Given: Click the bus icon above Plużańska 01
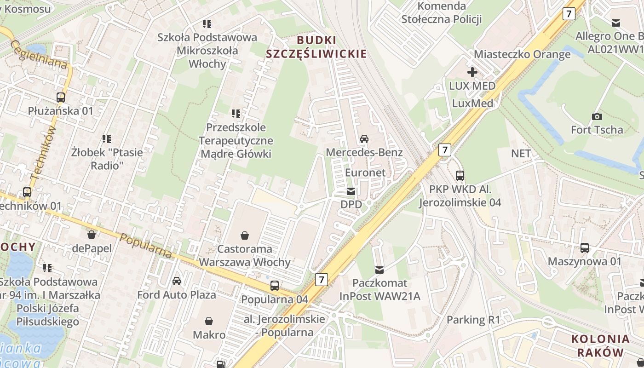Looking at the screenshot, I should coord(61,98).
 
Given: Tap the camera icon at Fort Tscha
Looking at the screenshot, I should coord(597,116).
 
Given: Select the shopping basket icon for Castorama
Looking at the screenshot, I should coord(245,236).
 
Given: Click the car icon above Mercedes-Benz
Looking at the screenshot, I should coord(364,138).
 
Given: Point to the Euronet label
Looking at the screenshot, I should coord(365,172).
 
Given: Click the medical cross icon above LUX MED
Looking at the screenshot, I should coord(472,72).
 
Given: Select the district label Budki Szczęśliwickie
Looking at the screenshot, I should coord(316,47).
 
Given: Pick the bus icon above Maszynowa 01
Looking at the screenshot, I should coord(584,248).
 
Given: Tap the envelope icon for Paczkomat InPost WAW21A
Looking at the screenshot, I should coord(379,270).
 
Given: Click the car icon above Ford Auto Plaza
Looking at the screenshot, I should coord(176,281).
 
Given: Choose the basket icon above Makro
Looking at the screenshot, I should coord(209,321).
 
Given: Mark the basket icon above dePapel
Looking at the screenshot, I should coord(92,235).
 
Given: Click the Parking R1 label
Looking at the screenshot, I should coord(473,319).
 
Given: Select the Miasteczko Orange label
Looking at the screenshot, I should coord(522,54).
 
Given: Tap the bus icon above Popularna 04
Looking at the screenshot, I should coord(275,286).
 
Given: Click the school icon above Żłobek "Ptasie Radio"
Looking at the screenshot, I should coord(107,138).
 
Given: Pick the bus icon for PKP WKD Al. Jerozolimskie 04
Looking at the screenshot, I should coord(460,175).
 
